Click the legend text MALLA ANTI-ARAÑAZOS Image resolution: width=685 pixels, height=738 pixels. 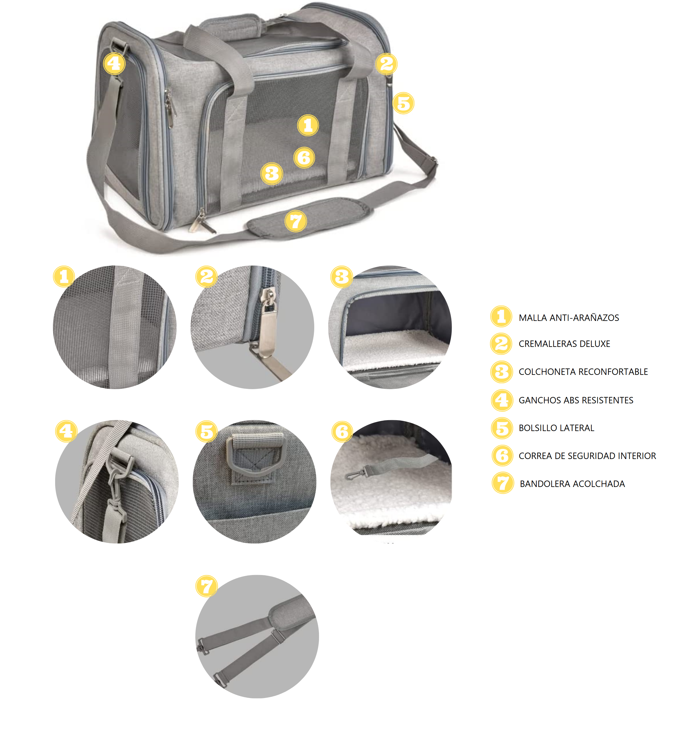(x=569, y=318)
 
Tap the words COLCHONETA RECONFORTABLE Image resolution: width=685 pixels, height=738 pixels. (x=583, y=372)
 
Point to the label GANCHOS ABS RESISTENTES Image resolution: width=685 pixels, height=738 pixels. (x=576, y=400)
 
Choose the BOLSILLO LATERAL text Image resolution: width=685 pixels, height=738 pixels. (x=556, y=428)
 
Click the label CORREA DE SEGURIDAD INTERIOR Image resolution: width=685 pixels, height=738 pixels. (x=587, y=456)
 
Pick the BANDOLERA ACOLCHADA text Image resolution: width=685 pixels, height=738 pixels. (x=572, y=484)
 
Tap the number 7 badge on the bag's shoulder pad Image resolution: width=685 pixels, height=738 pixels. (x=295, y=221)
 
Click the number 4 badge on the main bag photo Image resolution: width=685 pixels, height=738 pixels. (x=114, y=64)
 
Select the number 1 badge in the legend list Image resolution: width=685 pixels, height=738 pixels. (x=501, y=317)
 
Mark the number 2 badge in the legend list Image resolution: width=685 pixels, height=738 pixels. (x=501, y=344)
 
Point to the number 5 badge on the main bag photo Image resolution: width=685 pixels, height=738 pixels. (x=403, y=103)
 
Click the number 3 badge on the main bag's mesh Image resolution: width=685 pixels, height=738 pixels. (x=272, y=174)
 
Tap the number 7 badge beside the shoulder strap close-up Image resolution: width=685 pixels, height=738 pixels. (x=207, y=586)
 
